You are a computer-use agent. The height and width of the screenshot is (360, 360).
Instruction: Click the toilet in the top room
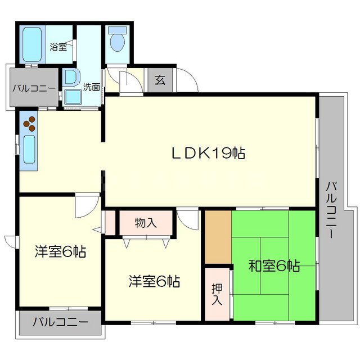[118, 41]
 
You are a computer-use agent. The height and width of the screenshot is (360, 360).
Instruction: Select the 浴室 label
[58, 47]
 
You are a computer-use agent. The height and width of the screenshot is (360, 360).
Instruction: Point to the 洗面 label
[92, 87]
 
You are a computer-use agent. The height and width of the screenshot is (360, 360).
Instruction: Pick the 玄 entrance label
[160, 80]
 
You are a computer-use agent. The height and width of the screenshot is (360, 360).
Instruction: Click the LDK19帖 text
[208, 153]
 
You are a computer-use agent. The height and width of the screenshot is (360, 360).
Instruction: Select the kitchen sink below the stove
[29, 149]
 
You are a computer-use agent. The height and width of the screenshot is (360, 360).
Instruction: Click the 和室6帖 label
[274, 265]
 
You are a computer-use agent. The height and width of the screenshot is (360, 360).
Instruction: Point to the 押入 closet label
[217, 294]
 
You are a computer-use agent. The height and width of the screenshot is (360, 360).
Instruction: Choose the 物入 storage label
[146, 223]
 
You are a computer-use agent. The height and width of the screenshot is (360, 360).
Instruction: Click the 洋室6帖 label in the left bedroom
[60, 252]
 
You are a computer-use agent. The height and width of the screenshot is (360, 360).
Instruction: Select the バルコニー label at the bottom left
[60, 323]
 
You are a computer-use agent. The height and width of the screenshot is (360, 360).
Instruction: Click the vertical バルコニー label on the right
[331, 210]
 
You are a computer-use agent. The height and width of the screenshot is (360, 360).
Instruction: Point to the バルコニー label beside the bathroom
[33, 88]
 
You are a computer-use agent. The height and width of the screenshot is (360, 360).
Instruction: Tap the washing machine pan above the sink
[71, 77]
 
